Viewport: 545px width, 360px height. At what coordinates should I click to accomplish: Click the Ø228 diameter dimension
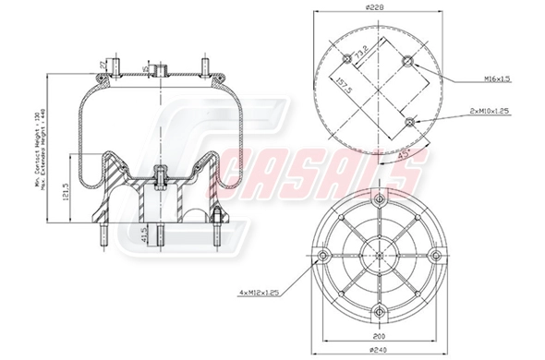[374, 9]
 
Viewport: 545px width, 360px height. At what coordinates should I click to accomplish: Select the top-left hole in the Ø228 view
[346, 59]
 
